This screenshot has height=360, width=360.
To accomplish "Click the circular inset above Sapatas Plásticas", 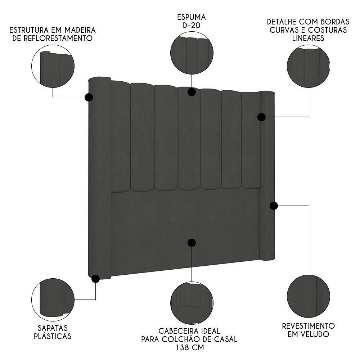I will pyautogui.click(x=53, y=299).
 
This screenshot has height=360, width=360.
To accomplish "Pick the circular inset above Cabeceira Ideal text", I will pyautogui.click(x=192, y=303).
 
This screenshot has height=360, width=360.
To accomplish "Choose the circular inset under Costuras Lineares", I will pyautogui.click(x=309, y=66).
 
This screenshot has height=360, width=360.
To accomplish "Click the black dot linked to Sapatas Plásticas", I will pyautogui.click(x=96, y=279).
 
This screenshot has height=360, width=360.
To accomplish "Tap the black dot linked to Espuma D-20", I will pyautogui.click(x=192, y=92).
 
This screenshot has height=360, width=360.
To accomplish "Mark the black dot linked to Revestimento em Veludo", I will pyautogui.click(x=274, y=206).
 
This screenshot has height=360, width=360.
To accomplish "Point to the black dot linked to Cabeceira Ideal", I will pyautogui.click(x=192, y=243).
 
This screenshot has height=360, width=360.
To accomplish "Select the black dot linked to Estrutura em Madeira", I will pyautogui.click(x=89, y=97).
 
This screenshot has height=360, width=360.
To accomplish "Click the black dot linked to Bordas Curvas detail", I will pyautogui.click(x=262, y=117).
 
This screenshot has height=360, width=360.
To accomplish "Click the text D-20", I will pyautogui.click(x=191, y=26).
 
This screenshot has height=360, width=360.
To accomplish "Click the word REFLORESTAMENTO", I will pyautogui.click(x=53, y=38).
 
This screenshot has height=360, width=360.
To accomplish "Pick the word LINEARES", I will pyautogui.click(x=309, y=38).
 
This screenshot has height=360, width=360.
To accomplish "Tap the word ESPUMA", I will pyautogui.click(x=191, y=17).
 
